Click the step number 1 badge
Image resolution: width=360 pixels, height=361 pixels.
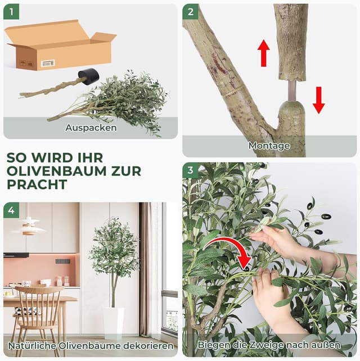pyautogui.click(x=11, y=11)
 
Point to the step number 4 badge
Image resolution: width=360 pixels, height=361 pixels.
pyautogui.click(x=11, y=211)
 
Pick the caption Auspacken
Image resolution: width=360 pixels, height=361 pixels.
pyautogui.click(x=91, y=128)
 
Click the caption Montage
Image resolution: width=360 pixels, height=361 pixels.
pyautogui.click(x=269, y=146)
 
